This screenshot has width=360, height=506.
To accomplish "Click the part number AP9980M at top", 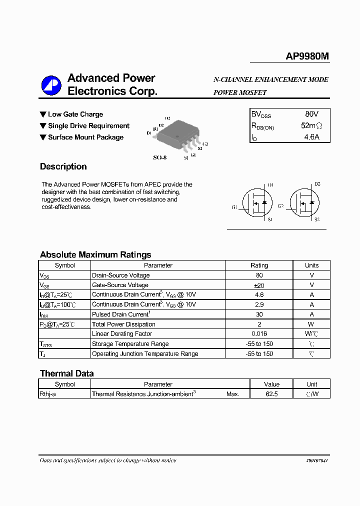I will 307,56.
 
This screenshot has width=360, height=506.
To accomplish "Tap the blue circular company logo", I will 51,85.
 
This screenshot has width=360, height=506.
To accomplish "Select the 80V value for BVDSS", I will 311,114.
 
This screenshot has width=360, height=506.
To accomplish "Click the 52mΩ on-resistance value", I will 311,125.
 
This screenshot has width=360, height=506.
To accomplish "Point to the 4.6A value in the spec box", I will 311,136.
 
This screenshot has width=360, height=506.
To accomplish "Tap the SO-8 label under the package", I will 159,157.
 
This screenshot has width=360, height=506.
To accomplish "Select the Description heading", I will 63,166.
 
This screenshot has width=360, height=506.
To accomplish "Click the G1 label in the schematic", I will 234,207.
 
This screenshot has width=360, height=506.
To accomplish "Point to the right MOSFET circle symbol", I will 304,202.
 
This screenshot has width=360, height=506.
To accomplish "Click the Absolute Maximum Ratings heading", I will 95,254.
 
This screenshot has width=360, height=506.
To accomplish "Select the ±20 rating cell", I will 259,285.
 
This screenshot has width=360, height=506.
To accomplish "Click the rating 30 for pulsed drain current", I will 259,314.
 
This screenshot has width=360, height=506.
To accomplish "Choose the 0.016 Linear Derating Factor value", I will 259,334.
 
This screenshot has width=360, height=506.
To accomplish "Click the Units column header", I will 311,265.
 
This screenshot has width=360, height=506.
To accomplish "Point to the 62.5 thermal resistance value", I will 271,394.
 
